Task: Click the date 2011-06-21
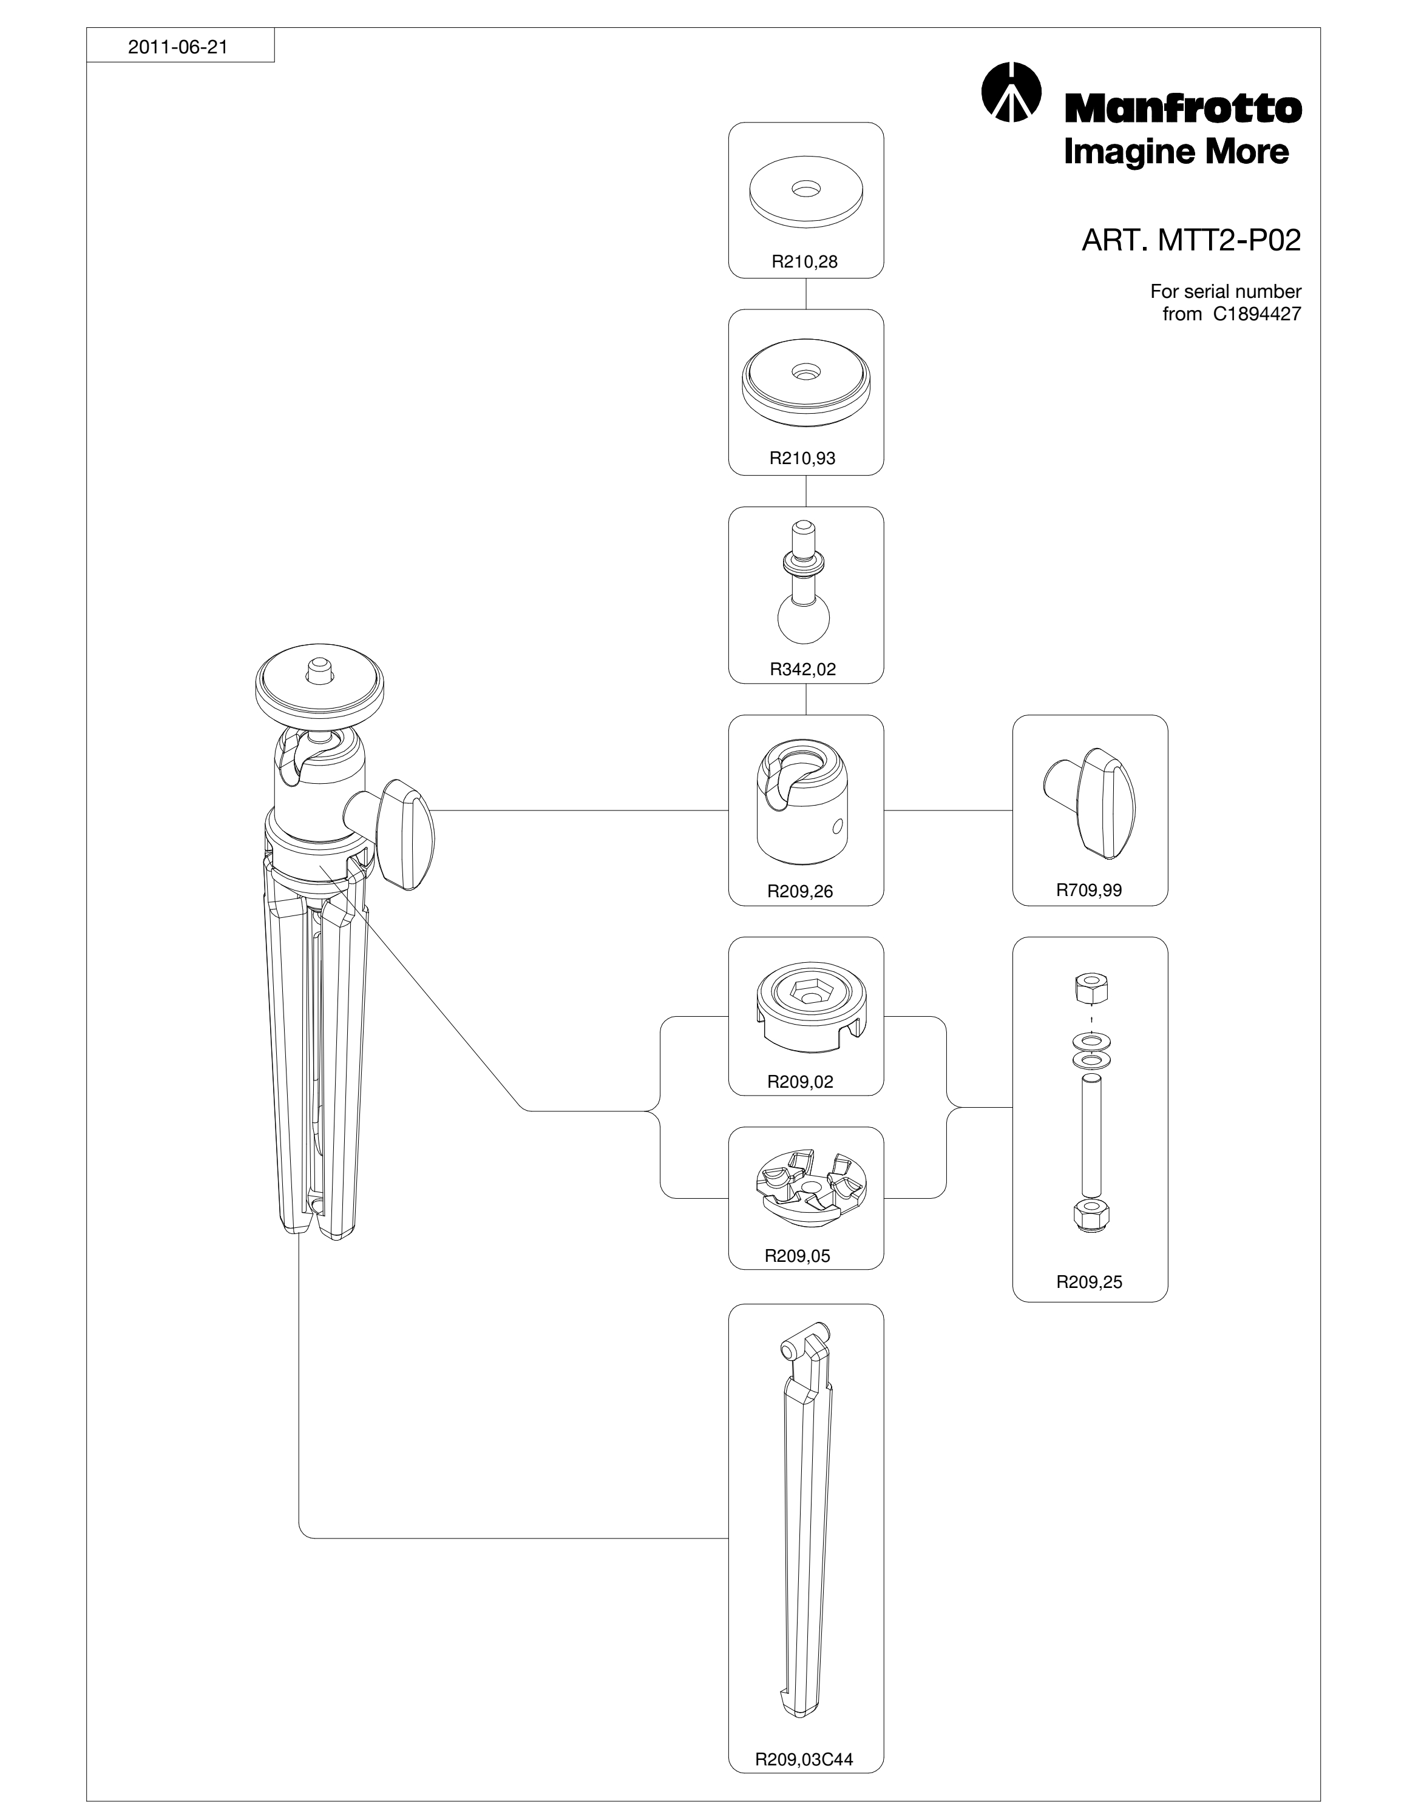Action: pos(177,47)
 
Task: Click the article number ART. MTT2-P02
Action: pos(1191,241)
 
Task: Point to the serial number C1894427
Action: pos(1252,314)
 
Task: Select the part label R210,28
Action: pos(804,261)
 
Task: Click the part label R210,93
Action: pos(802,457)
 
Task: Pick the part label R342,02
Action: pos(802,669)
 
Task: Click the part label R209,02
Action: pos(800,1082)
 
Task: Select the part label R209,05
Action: pos(798,1256)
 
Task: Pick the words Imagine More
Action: pos(1176,152)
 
